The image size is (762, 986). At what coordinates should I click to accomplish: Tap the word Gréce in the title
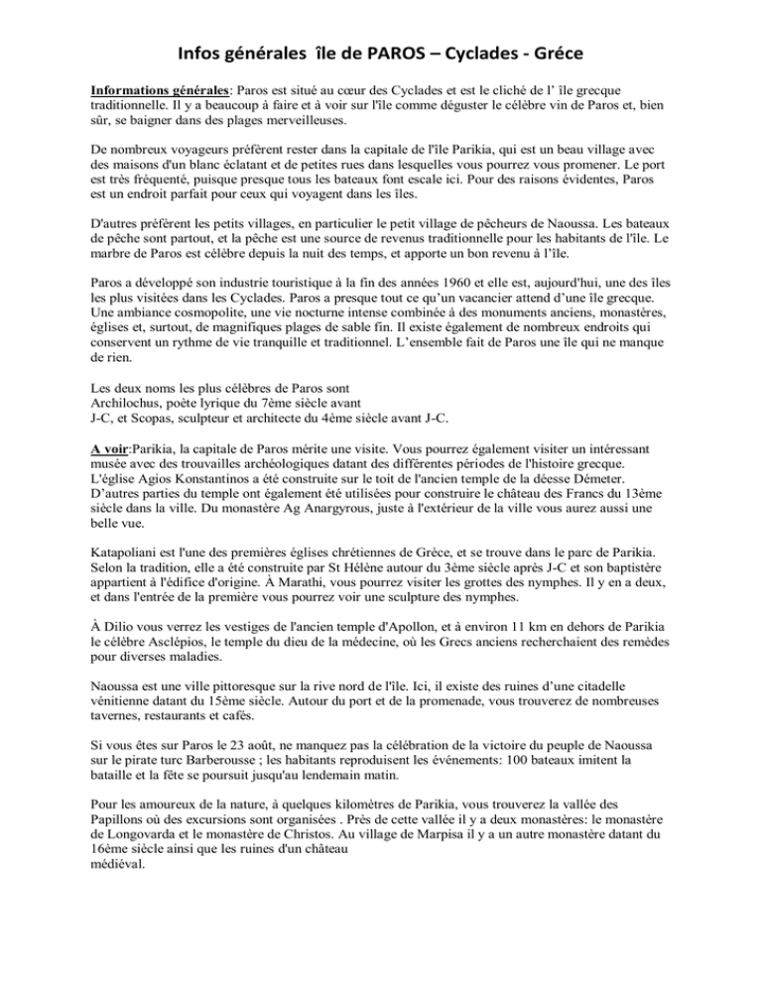571,47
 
